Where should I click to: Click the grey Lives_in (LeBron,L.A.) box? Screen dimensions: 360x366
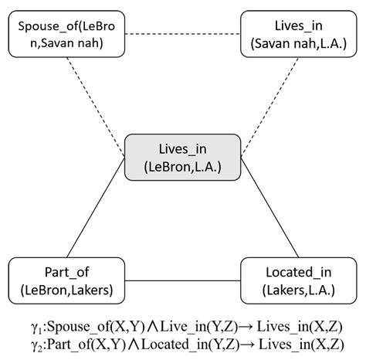tap(183, 157)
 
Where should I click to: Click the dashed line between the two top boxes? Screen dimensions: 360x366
tap(183, 34)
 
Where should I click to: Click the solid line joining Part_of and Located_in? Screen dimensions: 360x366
tap(183, 280)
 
